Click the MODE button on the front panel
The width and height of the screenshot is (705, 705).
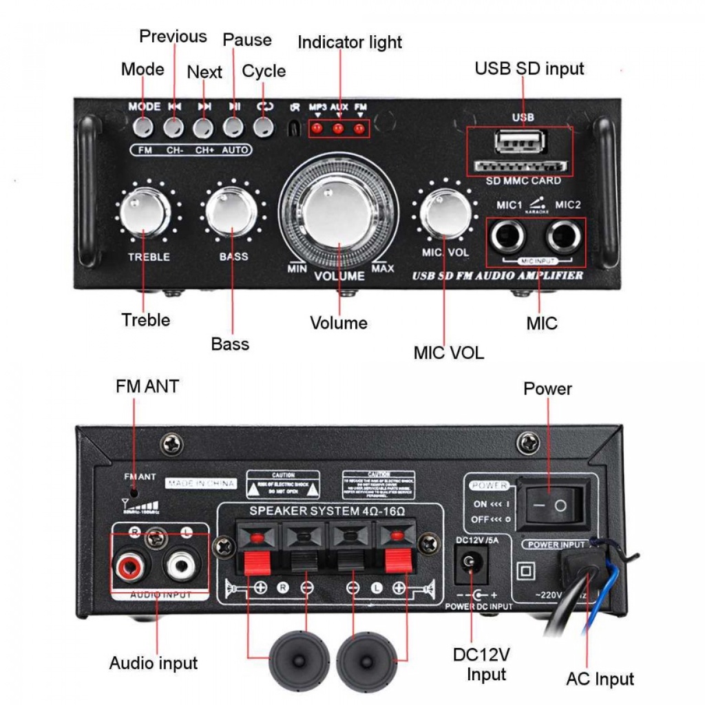click(144, 127)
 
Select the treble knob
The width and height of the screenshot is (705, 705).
click(144, 213)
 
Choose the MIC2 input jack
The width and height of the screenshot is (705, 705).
click(564, 238)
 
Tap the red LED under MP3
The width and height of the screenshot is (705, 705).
click(317, 128)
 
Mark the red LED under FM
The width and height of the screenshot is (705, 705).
click(359, 128)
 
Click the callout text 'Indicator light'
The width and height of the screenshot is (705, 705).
click(350, 43)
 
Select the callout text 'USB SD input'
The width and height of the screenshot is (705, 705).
click(529, 69)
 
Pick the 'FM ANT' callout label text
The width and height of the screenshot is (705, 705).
click(147, 387)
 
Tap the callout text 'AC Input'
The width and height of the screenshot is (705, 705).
click(600, 679)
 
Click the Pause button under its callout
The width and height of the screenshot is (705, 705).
click(233, 127)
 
